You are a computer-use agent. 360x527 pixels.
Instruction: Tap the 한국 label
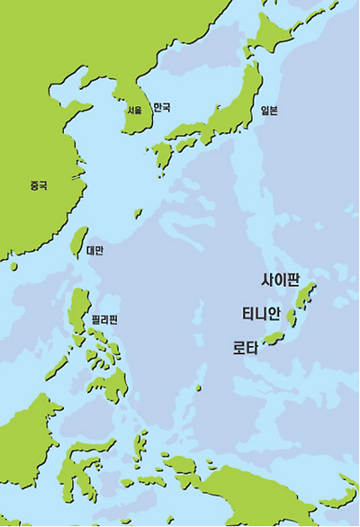point(161,107)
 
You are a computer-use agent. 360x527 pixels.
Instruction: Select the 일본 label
point(269,111)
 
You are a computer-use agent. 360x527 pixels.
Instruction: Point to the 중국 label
point(38,185)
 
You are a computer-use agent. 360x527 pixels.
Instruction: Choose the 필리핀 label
point(105,319)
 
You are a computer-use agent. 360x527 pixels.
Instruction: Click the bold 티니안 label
point(261,313)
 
